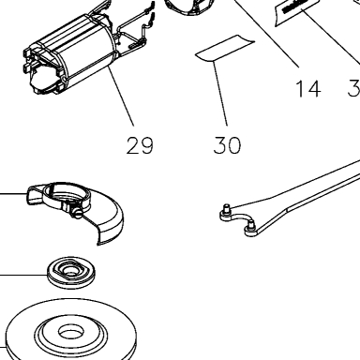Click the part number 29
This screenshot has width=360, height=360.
(140, 145)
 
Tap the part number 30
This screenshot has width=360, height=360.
(228, 145)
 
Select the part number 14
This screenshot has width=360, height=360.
(308, 89)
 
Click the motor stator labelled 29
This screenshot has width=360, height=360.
(72, 53)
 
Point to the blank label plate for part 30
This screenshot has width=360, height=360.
(225, 48)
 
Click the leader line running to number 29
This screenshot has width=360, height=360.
(121, 96)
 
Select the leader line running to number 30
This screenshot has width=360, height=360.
(220, 94)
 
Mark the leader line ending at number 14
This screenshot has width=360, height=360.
(265, 33)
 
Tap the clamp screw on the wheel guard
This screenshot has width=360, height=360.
(77, 213)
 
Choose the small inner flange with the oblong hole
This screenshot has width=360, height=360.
(71, 272)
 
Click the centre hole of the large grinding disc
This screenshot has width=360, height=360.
(71, 333)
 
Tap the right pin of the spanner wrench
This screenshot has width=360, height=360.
(250, 226)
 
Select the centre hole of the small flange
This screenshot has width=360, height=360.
(69, 268)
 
